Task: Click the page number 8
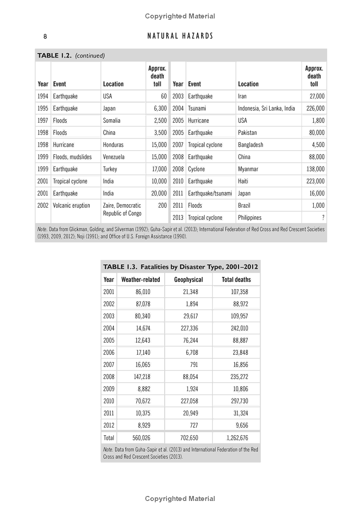pyautogui.click(x=45, y=36)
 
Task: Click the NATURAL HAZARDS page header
pyautogui.click(x=180, y=36)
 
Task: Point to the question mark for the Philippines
pyautogui.click(x=323, y=218)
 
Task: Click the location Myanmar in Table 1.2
pyautogui.click(x=248, y=169)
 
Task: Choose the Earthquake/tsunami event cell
pyautogui.click(x=210, y=193)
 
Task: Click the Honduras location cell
pyautogui.click(x=113, y=145)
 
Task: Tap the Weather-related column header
pyautogui.click(x=140, y=279)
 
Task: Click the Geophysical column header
pyautogui.click(x=189, y=279)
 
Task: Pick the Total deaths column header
pyautogui.click(x=236, y=279)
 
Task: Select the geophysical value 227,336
pyautogui.click(x=189, y=328)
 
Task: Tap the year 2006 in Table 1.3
pyautogui.click(x=109, y=353)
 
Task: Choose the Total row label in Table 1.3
pyautogui.click(x=109, y=438)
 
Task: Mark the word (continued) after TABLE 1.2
pyautogui.click(x=90, y=56)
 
